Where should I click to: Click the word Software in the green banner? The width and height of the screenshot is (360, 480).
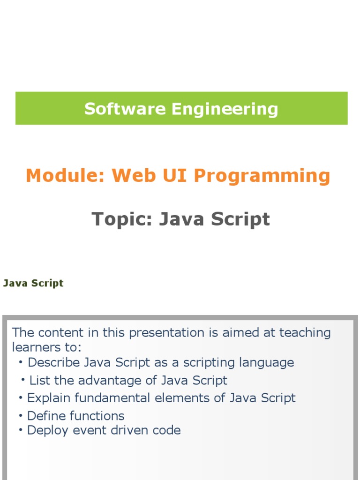(x=125, y=109)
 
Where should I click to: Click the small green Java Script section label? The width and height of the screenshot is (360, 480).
(x=33, y=283)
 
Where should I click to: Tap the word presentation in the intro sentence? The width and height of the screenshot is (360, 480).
(x=166, y=333)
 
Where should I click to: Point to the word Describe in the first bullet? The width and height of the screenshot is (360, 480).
(x=54, y=362)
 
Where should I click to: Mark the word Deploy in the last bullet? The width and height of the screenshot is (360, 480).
(x=47, y=431)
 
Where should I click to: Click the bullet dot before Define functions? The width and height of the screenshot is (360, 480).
(x=21, y=416)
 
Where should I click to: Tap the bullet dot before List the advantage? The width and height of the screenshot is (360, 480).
(x=23, y=380)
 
